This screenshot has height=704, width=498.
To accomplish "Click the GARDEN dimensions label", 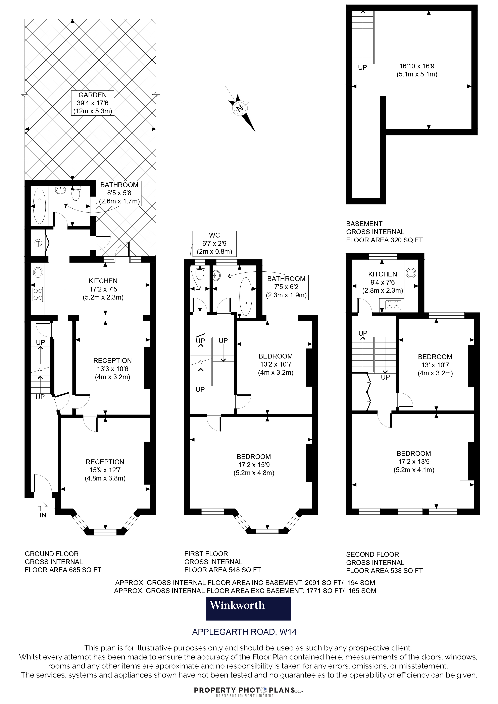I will pyautogui.click(x=92, y=103).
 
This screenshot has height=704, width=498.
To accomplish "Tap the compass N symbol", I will pyautogui.click(x=240, y=108).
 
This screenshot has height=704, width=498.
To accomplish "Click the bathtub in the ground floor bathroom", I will pyautogui.click(x=39, y=206).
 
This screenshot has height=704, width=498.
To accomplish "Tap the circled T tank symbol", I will pyautogui.click(x=38, y=243).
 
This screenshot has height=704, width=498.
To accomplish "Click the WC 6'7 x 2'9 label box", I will pyautogui.click(x=214, y=243).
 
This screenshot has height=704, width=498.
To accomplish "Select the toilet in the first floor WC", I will pyautogui.click(x=200, y=274).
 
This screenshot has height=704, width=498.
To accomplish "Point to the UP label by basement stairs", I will pyautogui.click(x=362, y=67).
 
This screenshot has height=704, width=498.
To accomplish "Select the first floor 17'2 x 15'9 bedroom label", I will pyautogui.click(x=254, y=464).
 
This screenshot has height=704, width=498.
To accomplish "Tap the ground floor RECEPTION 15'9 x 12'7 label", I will pyautogui.click(x=105, y=470).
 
